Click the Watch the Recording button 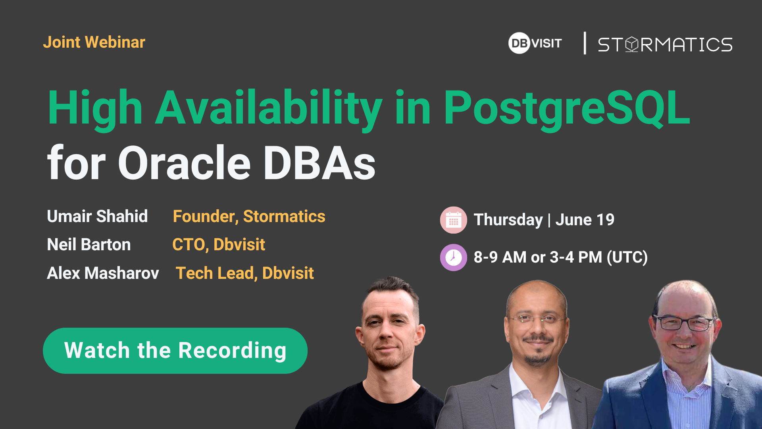pyautogui.click(x=175, y=351)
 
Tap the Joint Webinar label pyautogui.click(x=94, y=42)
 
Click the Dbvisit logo pyautogui.click(x=535, y=43)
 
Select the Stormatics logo pyautogui.click(x=665, y=44)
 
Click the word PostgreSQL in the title pyautogui.click(x=567, y=108)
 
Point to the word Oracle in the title pyautogui.click(x=185, y=163)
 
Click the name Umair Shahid pyautogui.click(x=97, y=216)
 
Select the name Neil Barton pyautogui.click(x=89, y=245)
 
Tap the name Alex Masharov pyautogui.click(x=103, y=273)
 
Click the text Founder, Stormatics pyautogui.click(x=249, y=217)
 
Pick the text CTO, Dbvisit pyautogui.click(x=219, y=245)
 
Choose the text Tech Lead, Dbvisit pyautogui.click(x=245, y=273)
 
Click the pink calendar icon pyautogui.click(x=454, y=220)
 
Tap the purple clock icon pyautogui.click(x=454, y=257)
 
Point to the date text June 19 pyautogui.click(x=585, y=220)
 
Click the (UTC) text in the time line pyautogui.click(x=627, y=257)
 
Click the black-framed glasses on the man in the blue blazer pyautogui.click(x=685, y=323)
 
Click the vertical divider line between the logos pyautogui.click(x=585, y=43)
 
